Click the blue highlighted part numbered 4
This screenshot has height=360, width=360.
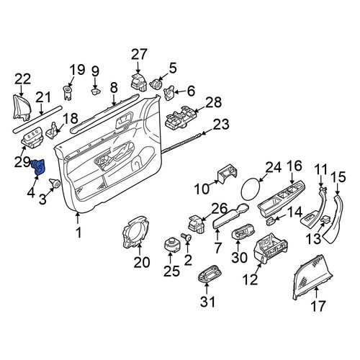[x=38, y=166]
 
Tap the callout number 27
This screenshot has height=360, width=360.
[x=139, y=54]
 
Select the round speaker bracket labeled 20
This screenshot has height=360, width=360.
[x=135, y=232]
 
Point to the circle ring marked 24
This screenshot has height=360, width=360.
[x=251, y=189]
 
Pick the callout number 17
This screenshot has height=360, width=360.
[x=318, y=306]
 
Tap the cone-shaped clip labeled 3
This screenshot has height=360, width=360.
[x=55, y=183]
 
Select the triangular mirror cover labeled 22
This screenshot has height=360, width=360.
[x=22, y=107]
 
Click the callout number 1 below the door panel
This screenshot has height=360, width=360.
[x=78, y=233]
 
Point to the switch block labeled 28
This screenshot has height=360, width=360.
[x=180, y=117]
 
